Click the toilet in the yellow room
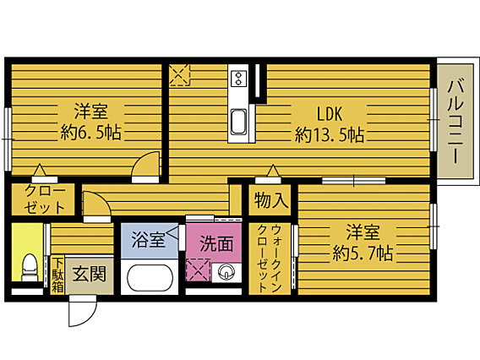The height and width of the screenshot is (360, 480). coord(30,267)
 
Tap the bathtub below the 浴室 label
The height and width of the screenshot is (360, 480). coord(150,278)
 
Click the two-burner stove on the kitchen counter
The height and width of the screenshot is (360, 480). coord(238,78)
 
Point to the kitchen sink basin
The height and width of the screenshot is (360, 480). coord(238,123)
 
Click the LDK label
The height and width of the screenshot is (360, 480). coord(329,114)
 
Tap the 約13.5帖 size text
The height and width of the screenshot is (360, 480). coord(330,134)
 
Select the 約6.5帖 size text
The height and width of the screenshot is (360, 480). coord(91,132)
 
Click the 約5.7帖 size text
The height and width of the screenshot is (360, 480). coord(363,253)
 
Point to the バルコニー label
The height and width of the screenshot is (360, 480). coord(455,121)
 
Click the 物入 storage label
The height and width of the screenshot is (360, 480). coord(271,200)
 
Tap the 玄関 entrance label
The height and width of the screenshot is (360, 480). coord(90,273)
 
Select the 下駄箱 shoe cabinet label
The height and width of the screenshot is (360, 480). coord(57,275)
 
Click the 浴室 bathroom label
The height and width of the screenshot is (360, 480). coord(148,239)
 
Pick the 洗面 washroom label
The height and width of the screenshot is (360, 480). coord(216,243)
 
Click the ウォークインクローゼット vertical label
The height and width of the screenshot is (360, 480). coord(270,258)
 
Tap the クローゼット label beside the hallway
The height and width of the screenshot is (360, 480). coord(45,199)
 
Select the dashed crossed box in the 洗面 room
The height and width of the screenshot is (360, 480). coord(198,270)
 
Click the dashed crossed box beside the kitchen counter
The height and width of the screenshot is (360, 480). coord(180,74)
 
